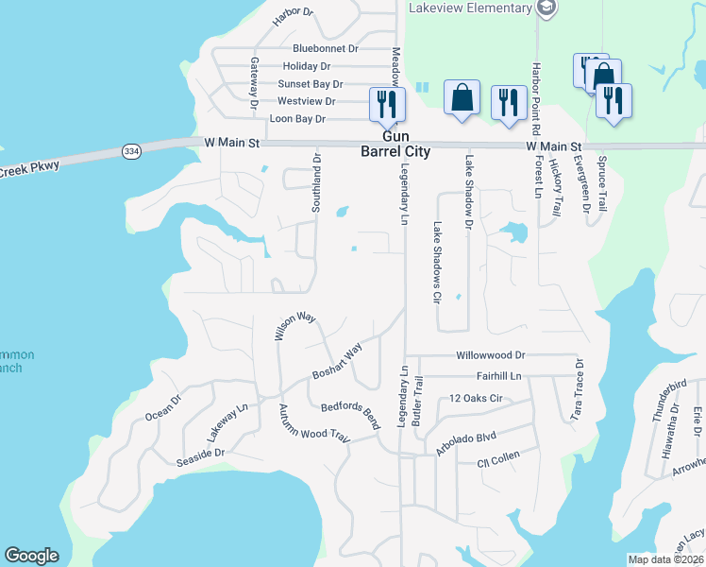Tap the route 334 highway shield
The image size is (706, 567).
(x=131, y=150)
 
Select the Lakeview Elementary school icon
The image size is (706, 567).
(x=546, y=9)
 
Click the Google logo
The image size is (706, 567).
(x=31, y=556)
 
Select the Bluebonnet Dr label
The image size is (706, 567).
(x=326, y=48)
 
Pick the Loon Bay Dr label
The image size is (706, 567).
(x=297, y=119)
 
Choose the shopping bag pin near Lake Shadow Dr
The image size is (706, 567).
(x=462, y=98)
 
